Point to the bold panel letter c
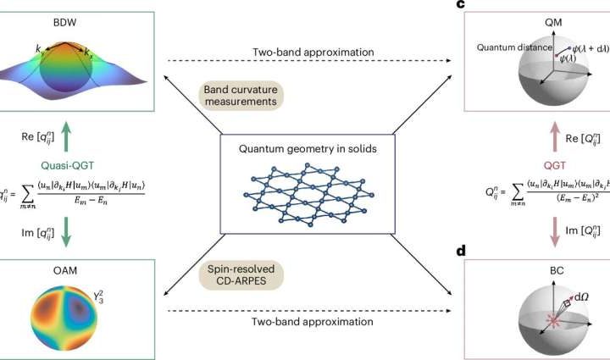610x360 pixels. pyautogui.click(x=458, y=5)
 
